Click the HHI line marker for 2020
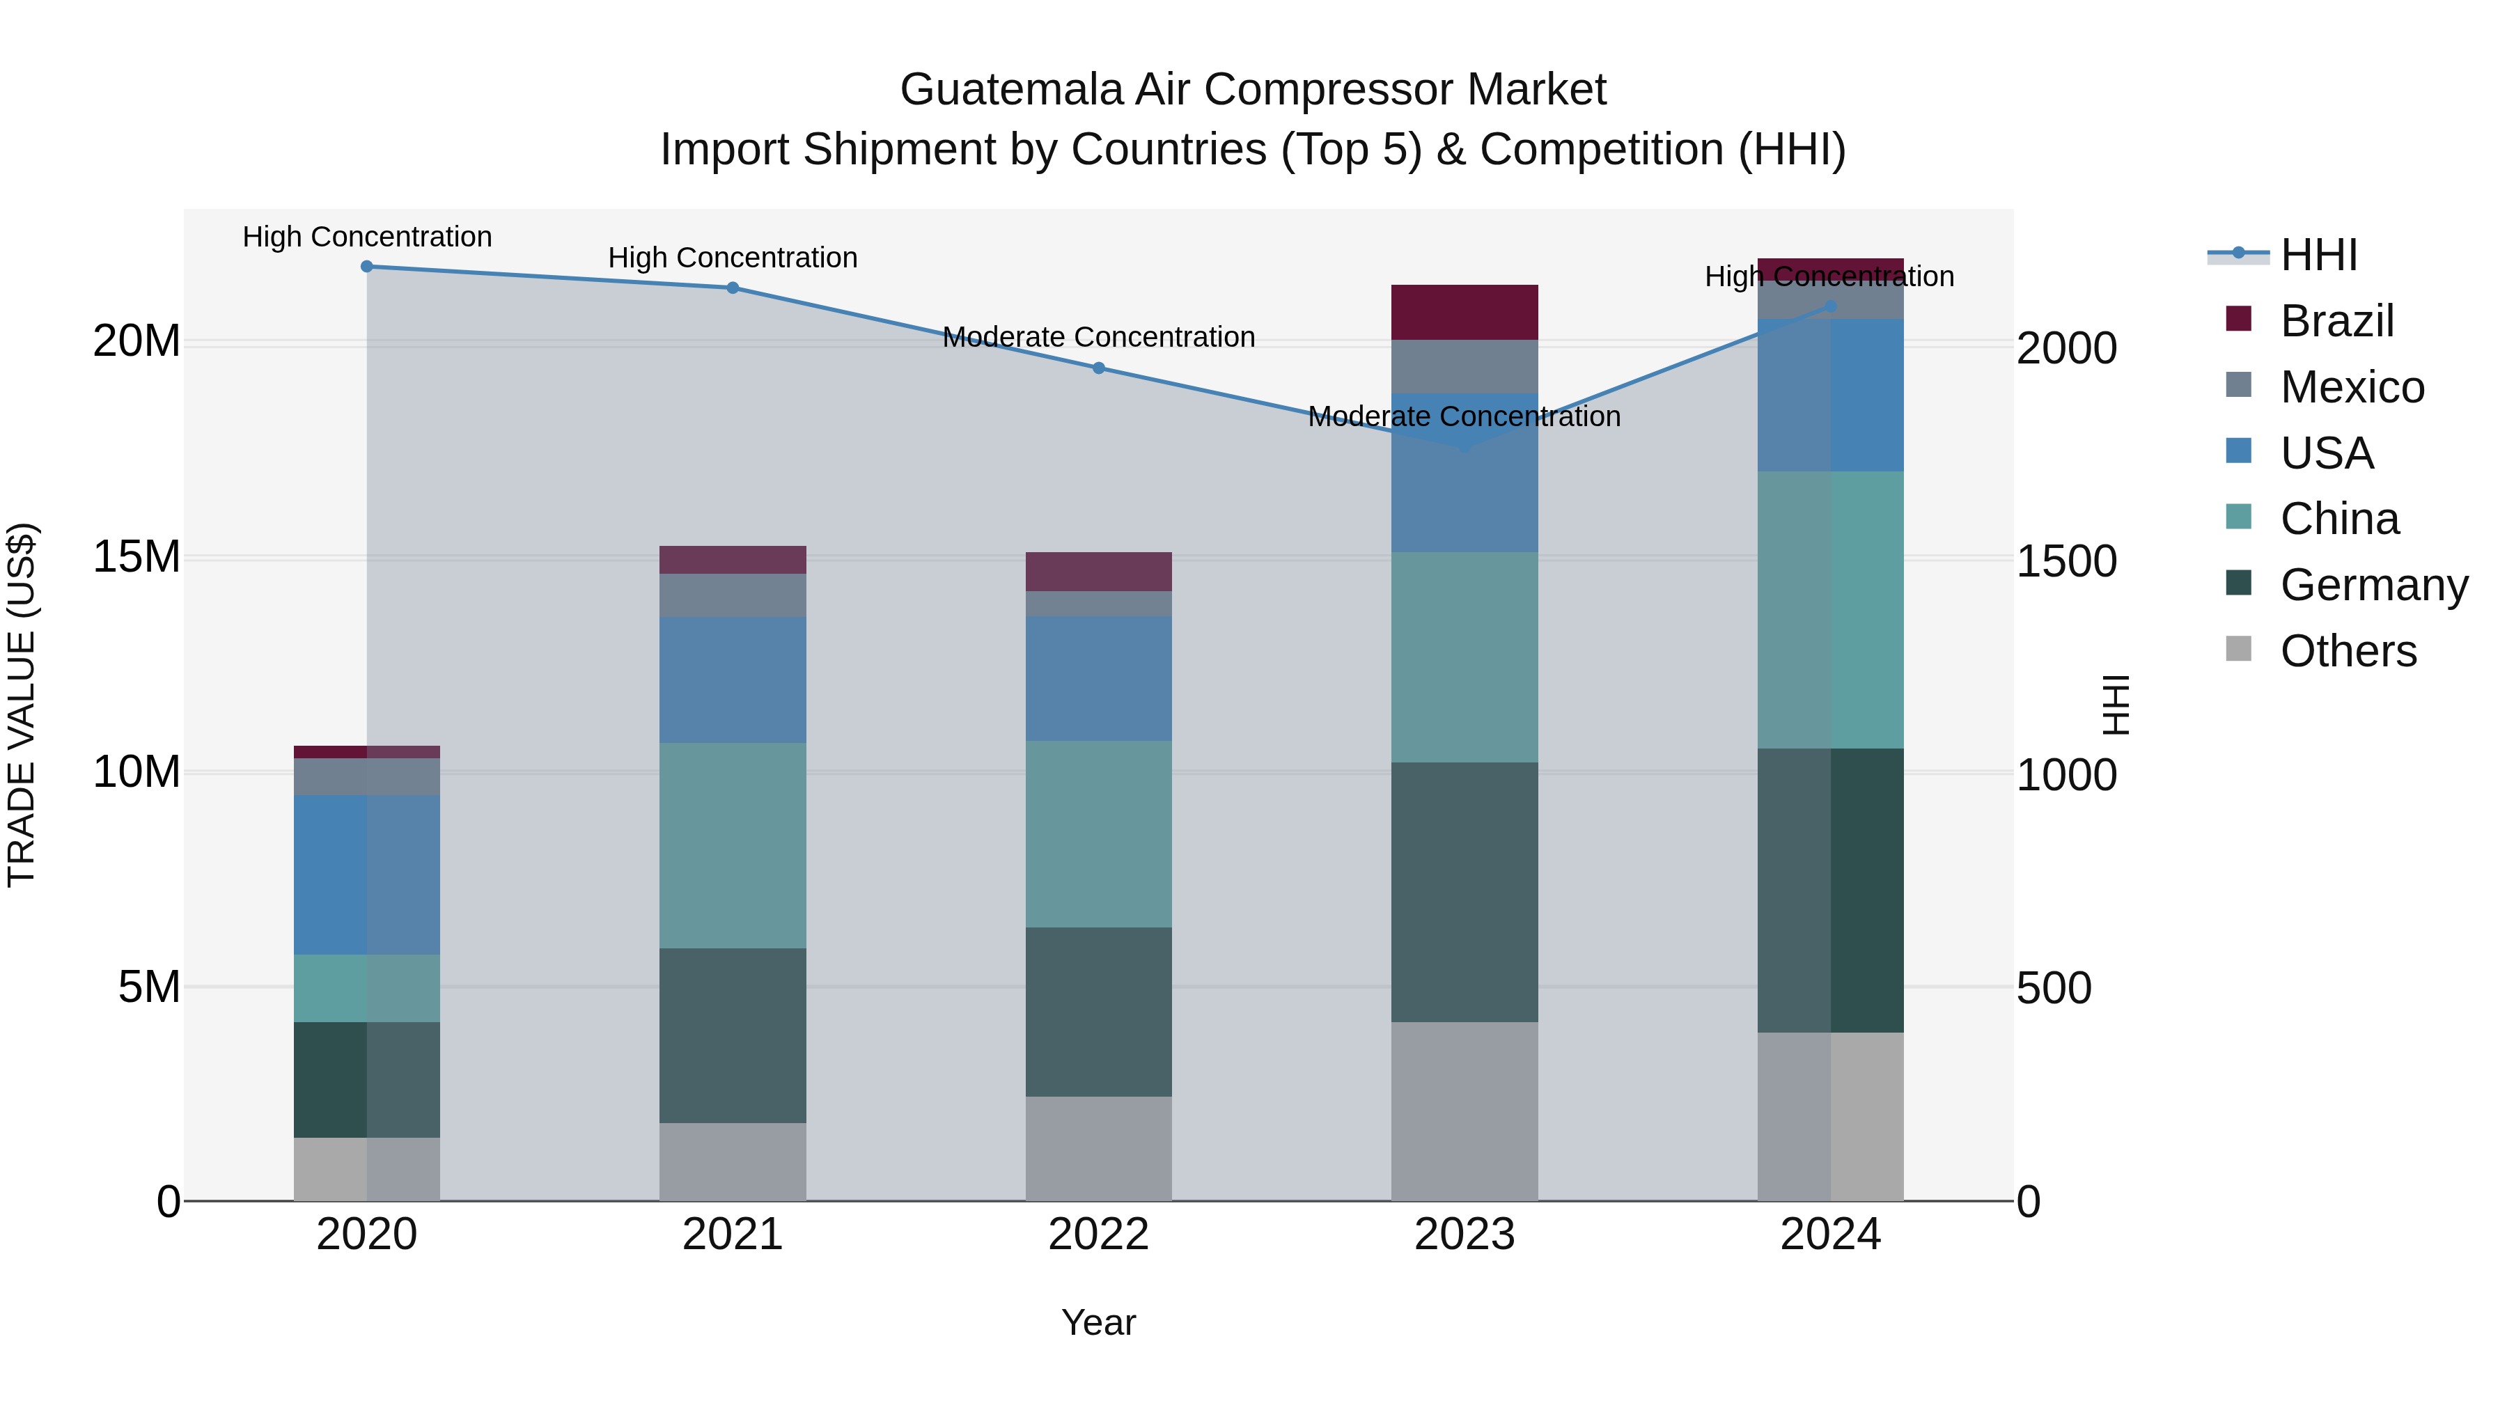tap(367, 267)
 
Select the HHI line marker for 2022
tap(1099, 368)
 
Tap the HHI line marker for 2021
tap(733, 288)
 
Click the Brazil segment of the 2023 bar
tap(1465, 313)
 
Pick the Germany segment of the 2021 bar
tap(733, 1035)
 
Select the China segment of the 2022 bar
tap(1099, 834)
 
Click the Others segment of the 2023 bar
tap(1465, 1111)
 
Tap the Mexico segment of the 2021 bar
tap(733, 595)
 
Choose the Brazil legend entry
tap(2336, 321)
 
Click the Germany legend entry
tap(2373, 585)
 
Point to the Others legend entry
tap(2348, 651)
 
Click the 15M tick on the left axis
tap(136, 558)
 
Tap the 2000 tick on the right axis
tap(2066, 348)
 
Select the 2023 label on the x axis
tap(1465, 1235)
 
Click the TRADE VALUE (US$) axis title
tap(22, 705)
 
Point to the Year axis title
tap(1099, 1322)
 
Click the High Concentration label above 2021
tap(733, 258)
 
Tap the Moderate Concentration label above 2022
tap(1099, 338)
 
